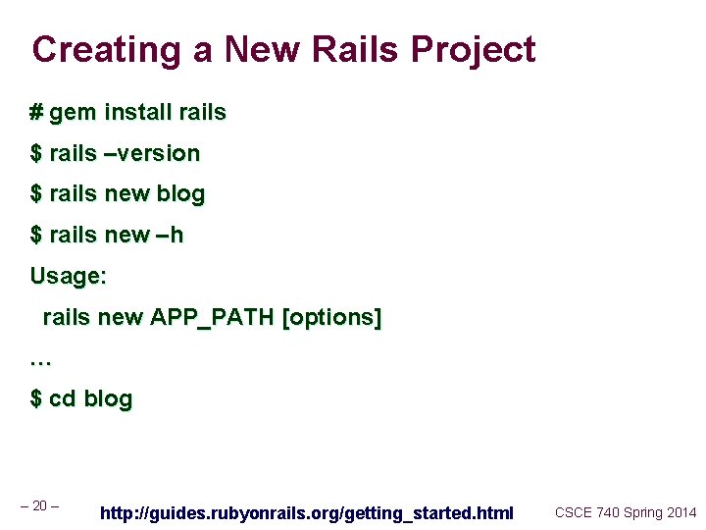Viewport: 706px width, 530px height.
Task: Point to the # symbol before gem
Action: (x=36, y=113)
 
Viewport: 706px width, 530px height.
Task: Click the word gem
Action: (x=71, y=113)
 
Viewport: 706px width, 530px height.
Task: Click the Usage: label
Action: (x=68, y=277)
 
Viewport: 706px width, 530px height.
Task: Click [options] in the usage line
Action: (x=331, y=318)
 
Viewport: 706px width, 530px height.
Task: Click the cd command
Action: (x=63, y=399)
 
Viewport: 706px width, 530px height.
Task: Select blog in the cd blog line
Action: (x=108, y=399)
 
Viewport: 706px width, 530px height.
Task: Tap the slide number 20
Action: (x=40, y=505)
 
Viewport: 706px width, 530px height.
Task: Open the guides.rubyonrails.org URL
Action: (x=307, y=512)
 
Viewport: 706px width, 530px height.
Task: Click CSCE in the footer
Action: (x=574, y=512)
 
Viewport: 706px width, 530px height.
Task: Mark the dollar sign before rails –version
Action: (x=36, y=154)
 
